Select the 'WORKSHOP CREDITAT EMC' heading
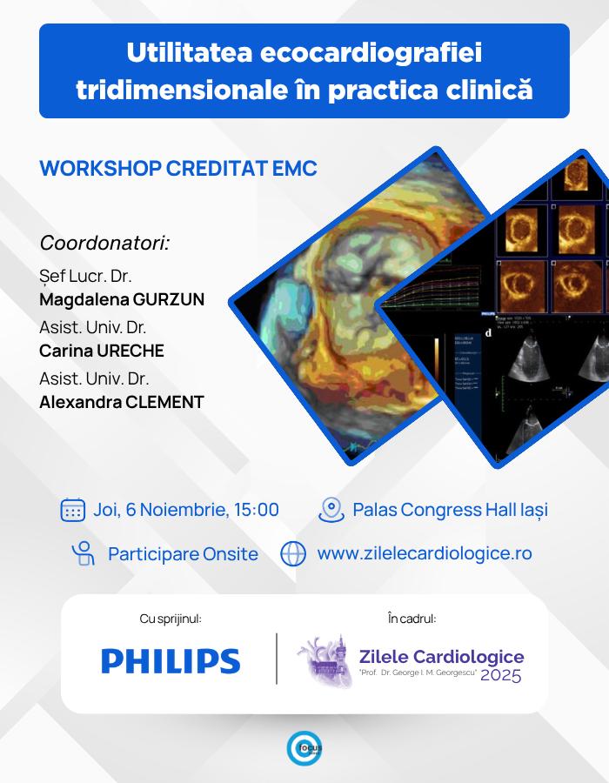178,168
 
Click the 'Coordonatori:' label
104,243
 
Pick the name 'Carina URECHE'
102,351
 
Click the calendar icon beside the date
73,510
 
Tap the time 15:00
256,510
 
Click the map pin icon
331,510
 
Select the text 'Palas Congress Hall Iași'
450,510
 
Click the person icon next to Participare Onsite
84,553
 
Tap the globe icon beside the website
294,553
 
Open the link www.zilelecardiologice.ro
424,553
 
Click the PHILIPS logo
171,661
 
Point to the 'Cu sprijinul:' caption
171,619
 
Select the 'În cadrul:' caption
412,619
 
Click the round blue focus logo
304,748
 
